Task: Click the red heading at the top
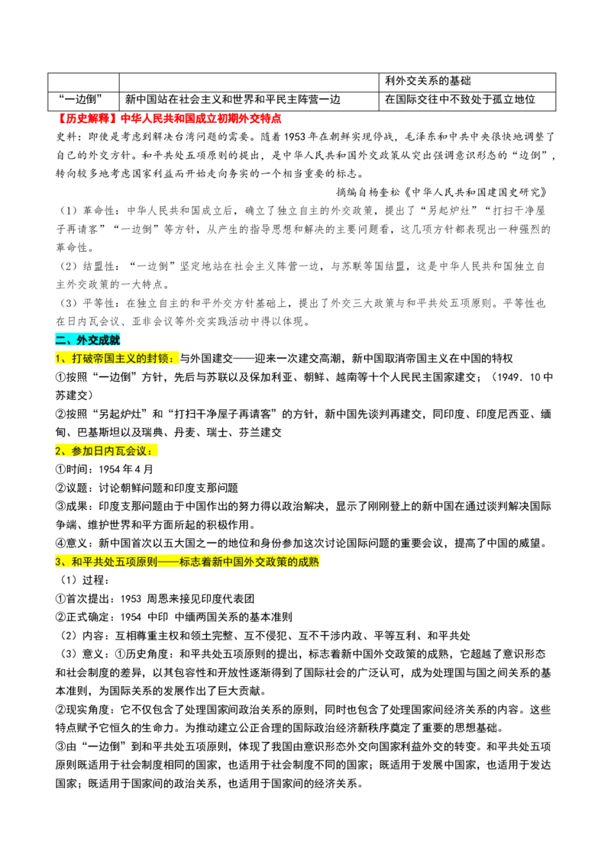170,119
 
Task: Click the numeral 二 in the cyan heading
60,340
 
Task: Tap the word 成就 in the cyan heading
110,340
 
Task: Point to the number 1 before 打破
58,358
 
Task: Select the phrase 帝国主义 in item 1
115,358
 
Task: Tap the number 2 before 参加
58,451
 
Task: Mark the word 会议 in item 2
136,451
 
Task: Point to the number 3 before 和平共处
58,562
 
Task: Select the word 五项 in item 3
125,562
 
